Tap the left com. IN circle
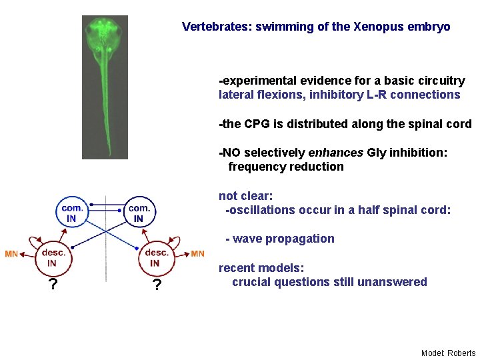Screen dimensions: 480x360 pos(71,213)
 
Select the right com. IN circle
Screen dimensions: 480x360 pos(139,213)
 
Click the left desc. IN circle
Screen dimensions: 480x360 pos(52,257)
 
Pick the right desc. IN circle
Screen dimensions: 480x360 pos(156,257)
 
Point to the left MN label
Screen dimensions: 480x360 pos(11,254)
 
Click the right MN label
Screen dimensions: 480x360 pos(198,254)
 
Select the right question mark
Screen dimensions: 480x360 pos(156,286)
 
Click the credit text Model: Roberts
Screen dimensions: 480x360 pos(448,353)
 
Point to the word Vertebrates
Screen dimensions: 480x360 pos(213,27)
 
